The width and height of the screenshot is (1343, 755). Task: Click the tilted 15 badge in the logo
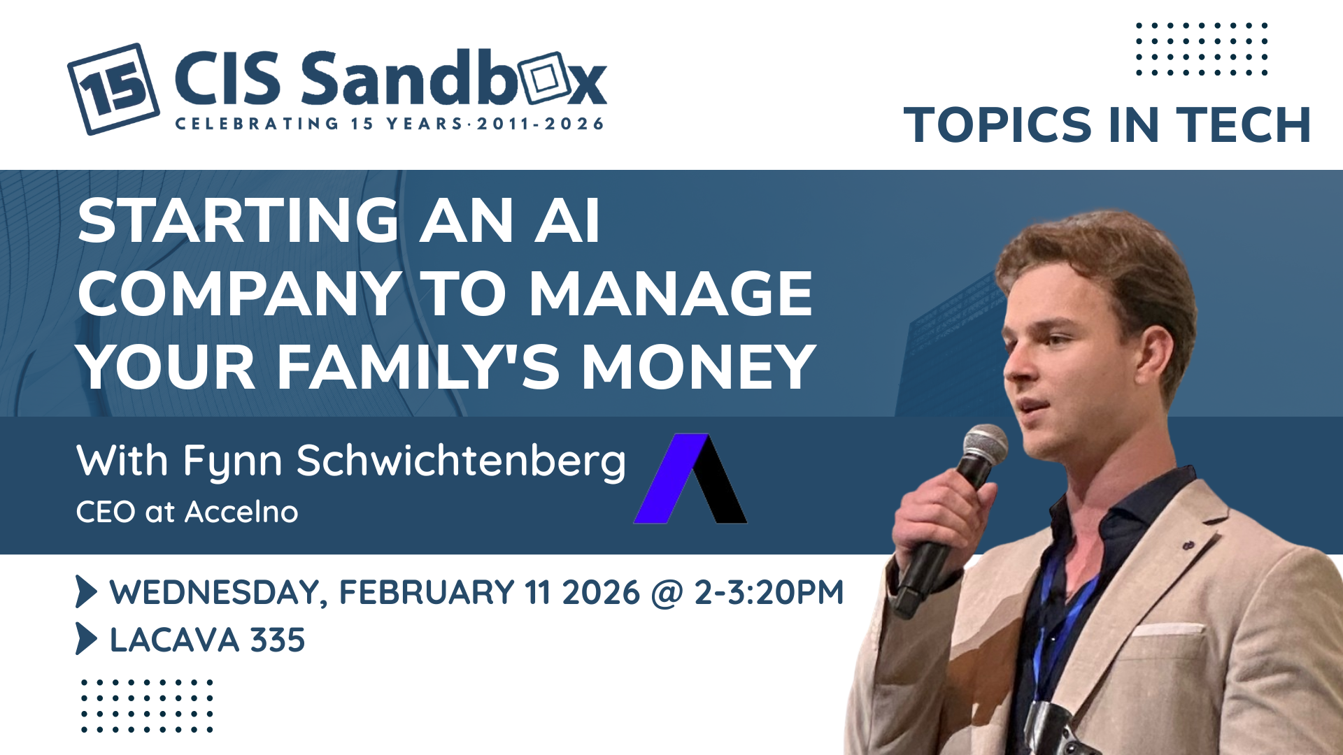pyautogui.click(x=113, y=89)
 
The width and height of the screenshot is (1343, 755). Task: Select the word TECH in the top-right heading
pyautogui.click(x=1243, y=125)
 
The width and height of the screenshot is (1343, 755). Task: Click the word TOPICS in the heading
pyautogui.click(x=997, y=125)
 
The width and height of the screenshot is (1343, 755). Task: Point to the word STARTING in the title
pyautogui.click(x=239, y=221)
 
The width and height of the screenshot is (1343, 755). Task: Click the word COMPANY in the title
pyautogui.click(x=239, y=294)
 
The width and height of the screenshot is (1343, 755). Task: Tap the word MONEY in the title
pyautogui.click(x=699, y=366)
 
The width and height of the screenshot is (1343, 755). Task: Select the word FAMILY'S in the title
pyautogui.click(x=418, y=366)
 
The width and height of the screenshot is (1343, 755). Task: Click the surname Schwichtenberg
pyautogui.click(x=461, y=462)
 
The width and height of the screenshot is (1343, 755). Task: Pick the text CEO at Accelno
pyautogui.click(x=187, y=512)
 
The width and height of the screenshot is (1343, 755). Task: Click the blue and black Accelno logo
pyautogui.click(x=690, y=479)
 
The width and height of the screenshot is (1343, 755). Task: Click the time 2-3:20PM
pyautogui.click(x=769, y=592)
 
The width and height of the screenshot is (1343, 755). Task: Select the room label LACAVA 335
pyautogui.click(x=207, y=640)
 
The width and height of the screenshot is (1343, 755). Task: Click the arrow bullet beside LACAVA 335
pyautogui.click(x=85, y=638)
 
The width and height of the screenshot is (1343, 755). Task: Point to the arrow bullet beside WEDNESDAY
pyautogui.click(x=85, y=591)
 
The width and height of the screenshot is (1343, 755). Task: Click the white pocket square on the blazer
pyautogui.click(x=1167, y=629)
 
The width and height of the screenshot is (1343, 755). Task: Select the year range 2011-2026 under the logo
pyautogui.click(x=540, y=124)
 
